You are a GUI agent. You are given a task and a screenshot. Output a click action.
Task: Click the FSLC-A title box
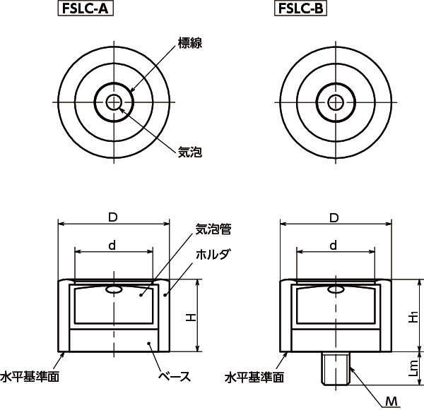click(x=86, y=8)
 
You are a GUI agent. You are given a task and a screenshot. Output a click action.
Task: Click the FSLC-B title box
click(x=300, y=8)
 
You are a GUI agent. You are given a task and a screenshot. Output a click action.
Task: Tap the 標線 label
click(x=190, y=43)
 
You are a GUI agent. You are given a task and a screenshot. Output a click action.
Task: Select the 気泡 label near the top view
click(x=190, y=152)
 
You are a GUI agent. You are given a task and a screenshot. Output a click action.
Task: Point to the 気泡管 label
click(x=213, y=229)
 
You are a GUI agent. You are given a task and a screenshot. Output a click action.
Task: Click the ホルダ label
click(x=213, y=254)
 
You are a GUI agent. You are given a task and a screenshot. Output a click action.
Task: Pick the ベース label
click(x=175, y=376)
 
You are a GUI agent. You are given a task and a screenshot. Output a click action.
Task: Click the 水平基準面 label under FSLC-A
click(x=30, y=377)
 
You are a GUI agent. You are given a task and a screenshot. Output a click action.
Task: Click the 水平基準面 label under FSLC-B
click(x=254, y=377)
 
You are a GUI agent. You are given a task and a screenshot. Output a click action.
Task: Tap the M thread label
click(x=391, y=402)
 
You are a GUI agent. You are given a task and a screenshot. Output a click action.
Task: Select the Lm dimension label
click(x=413, y=368)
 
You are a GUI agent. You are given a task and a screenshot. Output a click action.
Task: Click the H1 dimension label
click(x=413, y=317)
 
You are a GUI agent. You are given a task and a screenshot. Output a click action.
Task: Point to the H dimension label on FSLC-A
click(x=191, y=317)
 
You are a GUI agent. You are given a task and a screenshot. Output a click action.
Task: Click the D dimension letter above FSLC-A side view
click(x=113, y=217)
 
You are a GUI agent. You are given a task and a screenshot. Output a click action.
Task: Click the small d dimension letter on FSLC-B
click(x=334, y=246)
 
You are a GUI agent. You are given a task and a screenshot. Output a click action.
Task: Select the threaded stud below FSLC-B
click(x=336, y=368)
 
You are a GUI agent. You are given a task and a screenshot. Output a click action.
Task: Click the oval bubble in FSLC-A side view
click(x=114, y=289)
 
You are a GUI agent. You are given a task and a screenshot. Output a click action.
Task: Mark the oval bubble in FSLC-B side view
click(x=336, y=289)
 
